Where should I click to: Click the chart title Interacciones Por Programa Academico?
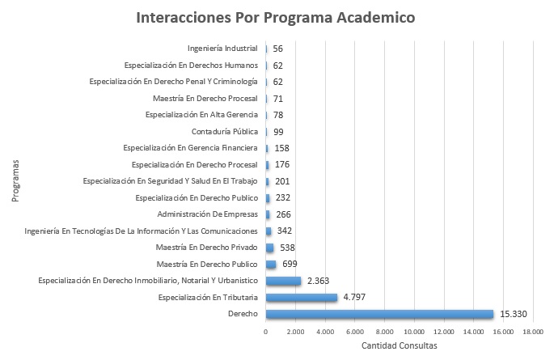point(277,17)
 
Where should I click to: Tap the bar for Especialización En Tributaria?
point(301,298)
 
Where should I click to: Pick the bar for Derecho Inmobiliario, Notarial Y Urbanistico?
point(283,281)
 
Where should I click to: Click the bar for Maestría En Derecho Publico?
point(270,265)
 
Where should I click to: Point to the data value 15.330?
point(515,314)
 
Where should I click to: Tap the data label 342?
point(284,231)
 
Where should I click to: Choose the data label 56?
point(278,49)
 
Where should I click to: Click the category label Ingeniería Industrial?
point(222,49)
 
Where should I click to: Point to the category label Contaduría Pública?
point(225,131)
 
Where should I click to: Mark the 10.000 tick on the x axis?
point(414,331)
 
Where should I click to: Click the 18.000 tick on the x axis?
point(532,331)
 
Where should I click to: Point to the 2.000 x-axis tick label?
point(295,331)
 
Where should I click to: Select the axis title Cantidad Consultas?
point(399,345)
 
